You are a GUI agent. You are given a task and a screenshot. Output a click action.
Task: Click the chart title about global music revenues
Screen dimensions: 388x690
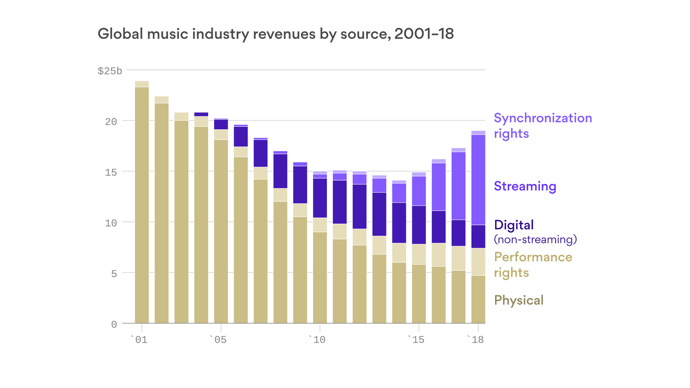(275, 34)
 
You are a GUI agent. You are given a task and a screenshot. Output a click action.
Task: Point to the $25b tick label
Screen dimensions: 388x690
(110, 71)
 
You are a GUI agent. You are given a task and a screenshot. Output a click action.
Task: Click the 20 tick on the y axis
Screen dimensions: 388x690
(111, 122)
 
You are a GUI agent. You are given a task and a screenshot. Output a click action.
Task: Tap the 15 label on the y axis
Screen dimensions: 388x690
(111, 172)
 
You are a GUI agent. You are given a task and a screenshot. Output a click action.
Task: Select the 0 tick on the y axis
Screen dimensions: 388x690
(114, 324)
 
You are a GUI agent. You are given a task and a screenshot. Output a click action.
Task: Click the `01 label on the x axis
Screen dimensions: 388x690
(139, 340)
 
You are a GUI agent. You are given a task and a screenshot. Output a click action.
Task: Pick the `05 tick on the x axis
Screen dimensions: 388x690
(218, 340)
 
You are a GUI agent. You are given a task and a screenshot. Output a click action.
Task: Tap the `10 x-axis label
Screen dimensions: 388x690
(317, 340)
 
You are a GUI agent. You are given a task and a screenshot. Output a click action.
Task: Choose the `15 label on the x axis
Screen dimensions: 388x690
(416, 340)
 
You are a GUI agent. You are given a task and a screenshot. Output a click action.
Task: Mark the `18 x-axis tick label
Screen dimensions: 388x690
(475, 340)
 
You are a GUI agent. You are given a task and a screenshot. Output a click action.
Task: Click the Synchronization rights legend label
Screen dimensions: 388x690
(543, 126)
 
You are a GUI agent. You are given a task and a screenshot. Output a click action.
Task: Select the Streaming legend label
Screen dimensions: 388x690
(525, 186)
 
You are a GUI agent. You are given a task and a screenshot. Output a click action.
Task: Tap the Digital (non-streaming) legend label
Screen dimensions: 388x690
(535, 231)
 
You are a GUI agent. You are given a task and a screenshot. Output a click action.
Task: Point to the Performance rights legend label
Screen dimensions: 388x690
(533, 265)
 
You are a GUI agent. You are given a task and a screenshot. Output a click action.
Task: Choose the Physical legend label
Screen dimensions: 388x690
(519, 301)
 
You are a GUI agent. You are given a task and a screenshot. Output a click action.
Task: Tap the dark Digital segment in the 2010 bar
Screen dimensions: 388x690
(320, 198)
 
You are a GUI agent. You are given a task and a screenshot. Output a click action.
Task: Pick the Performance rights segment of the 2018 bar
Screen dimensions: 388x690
(478, 262)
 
